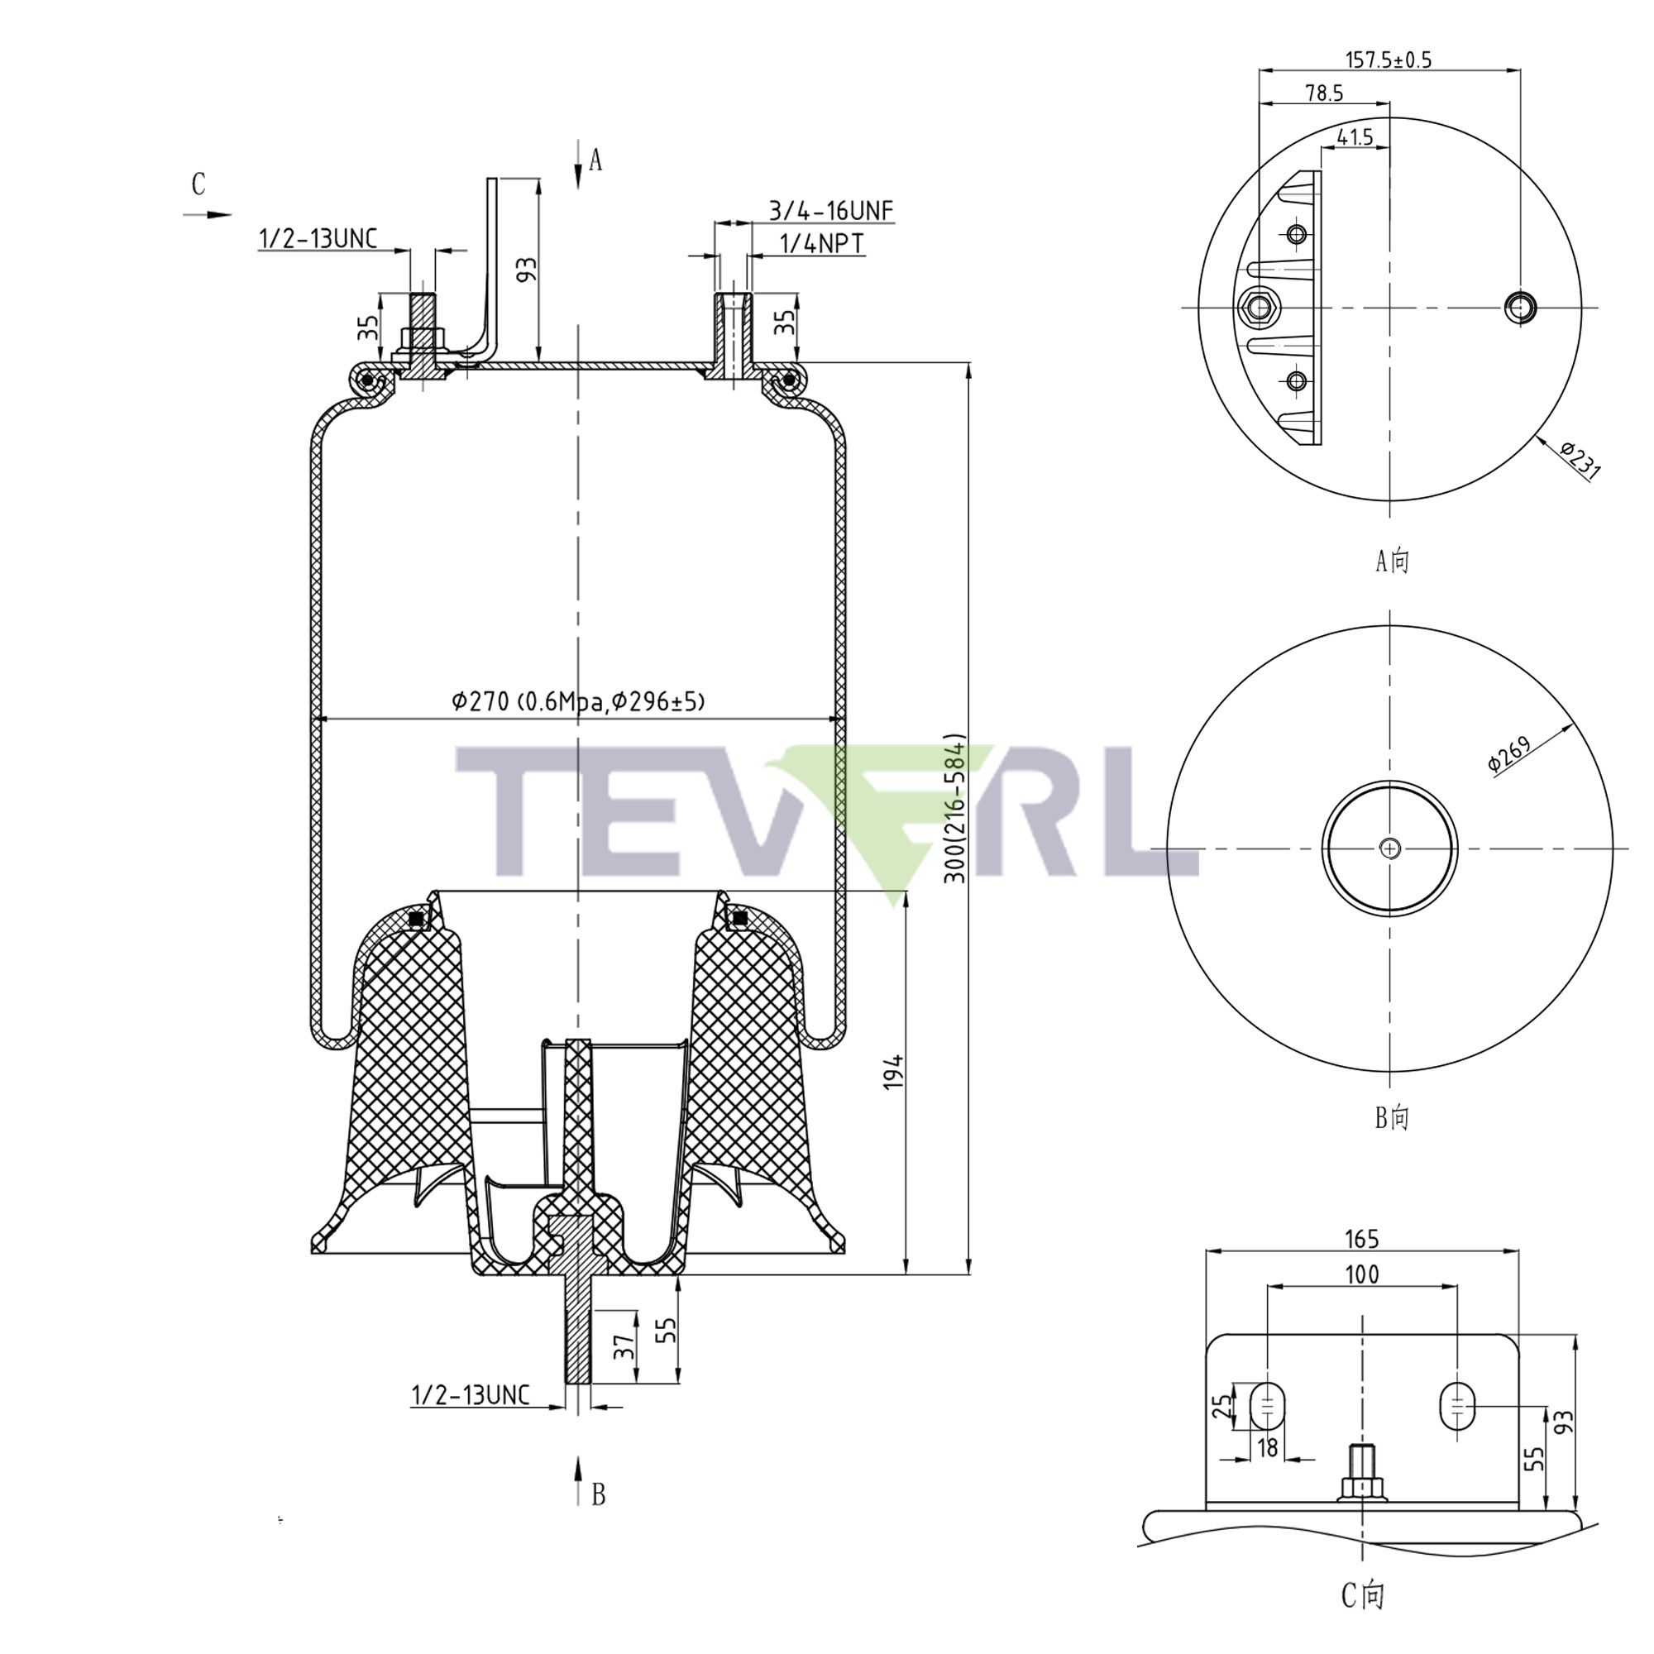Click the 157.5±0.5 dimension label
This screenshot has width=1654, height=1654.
pyautogui.click(x=1389, y=60)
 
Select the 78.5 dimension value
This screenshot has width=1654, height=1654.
pyautogui.click(x=1324, y=94)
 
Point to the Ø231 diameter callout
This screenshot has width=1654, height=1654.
pyautogui.click(x=1580, y=461)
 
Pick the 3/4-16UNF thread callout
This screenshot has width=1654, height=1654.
pyautogui.click(x=830, y=211)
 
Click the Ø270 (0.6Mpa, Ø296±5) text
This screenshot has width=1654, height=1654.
pyautogui.click(x=579, y=702)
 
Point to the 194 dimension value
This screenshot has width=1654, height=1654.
pyautogui.click(x=893, y=1072)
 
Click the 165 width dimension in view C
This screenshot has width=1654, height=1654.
pyautogui.click(x=1362, y=1239)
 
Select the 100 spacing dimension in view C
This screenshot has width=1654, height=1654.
pyautogui.click(x=1362, y=1274)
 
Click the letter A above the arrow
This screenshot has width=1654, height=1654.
pyautogui.click(x=595, y=160)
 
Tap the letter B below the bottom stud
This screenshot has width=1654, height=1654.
pyautogui.click(x=599, y=1494)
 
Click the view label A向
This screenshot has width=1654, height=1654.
pyautogui.click(x=1391, y=561)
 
